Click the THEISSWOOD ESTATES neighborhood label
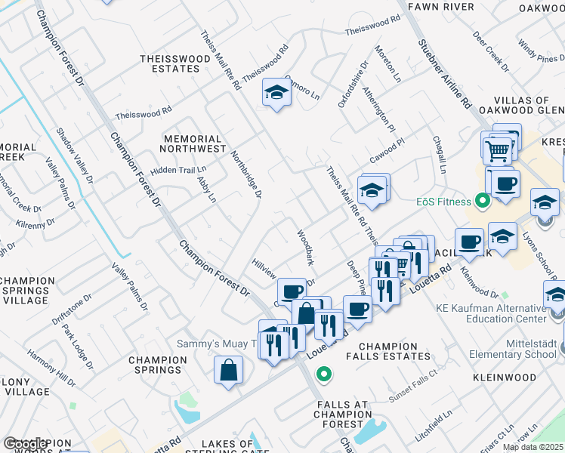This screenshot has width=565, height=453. point(170,63)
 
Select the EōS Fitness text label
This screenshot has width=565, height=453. point(443,202)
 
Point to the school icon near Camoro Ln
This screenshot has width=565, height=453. point(277,93)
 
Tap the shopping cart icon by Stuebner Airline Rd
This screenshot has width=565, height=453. point(497,150)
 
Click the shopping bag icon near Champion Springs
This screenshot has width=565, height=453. point(228,371)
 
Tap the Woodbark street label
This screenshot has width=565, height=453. point(305,248)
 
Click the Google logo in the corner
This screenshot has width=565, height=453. point(24,444)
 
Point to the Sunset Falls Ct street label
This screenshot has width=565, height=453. point(412,378)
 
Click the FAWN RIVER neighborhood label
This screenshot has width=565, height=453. point(440,7)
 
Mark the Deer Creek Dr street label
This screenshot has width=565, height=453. point(492,46)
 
